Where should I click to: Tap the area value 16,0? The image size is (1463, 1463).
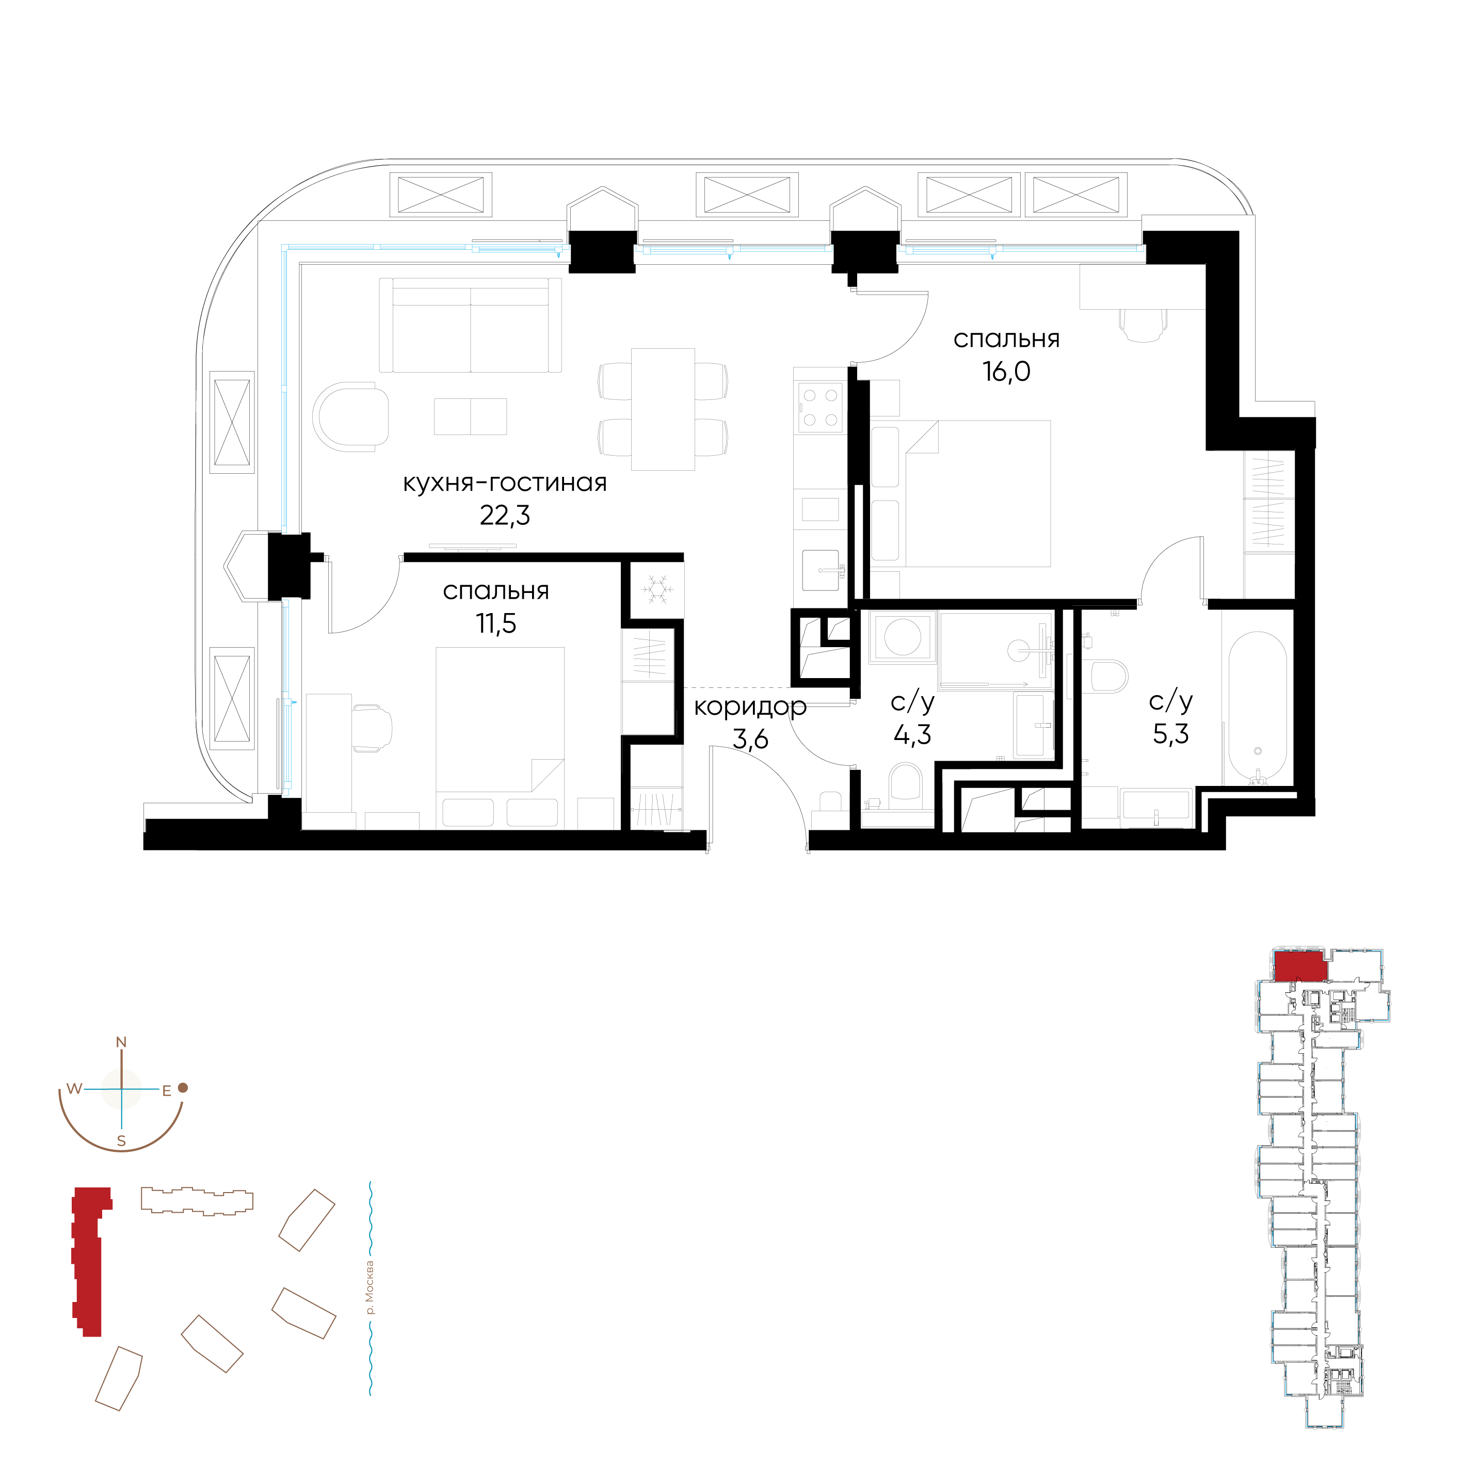(1006, 372)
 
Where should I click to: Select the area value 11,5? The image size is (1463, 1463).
(496, 624)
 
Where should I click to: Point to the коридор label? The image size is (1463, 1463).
(750, 706)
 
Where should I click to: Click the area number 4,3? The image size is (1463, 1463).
(912, 734)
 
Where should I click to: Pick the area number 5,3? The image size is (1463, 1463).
(1171, 734)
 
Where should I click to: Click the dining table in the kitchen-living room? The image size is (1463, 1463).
(663, 409)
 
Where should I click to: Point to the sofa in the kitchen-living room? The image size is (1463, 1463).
(470, 325)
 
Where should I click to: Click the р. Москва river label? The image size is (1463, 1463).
(369, 1288)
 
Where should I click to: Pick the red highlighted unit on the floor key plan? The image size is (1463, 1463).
(1300, 967)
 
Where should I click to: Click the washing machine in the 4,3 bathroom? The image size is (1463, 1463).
(902, 637)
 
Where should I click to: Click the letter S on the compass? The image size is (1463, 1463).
(121, 1141)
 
